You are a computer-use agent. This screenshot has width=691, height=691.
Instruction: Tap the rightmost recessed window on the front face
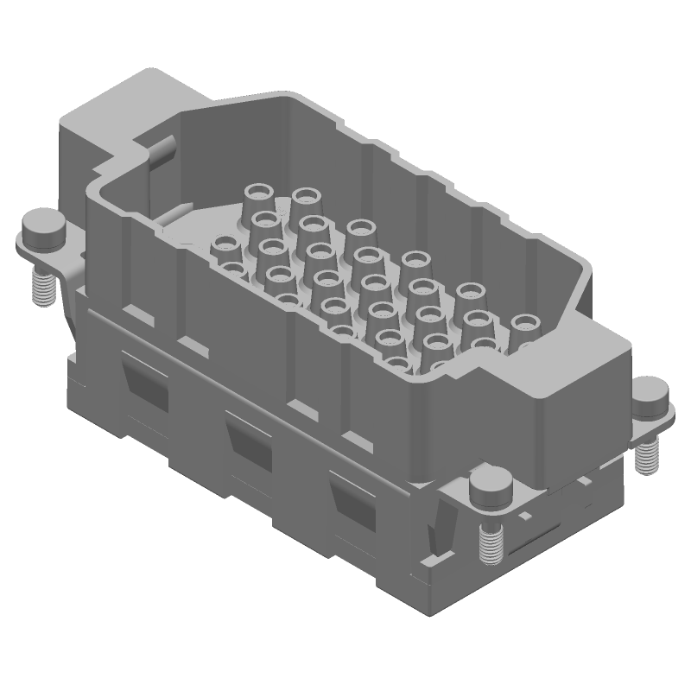coord(355,500)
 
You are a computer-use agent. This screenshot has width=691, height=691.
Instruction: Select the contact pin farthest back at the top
coord(305,194)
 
